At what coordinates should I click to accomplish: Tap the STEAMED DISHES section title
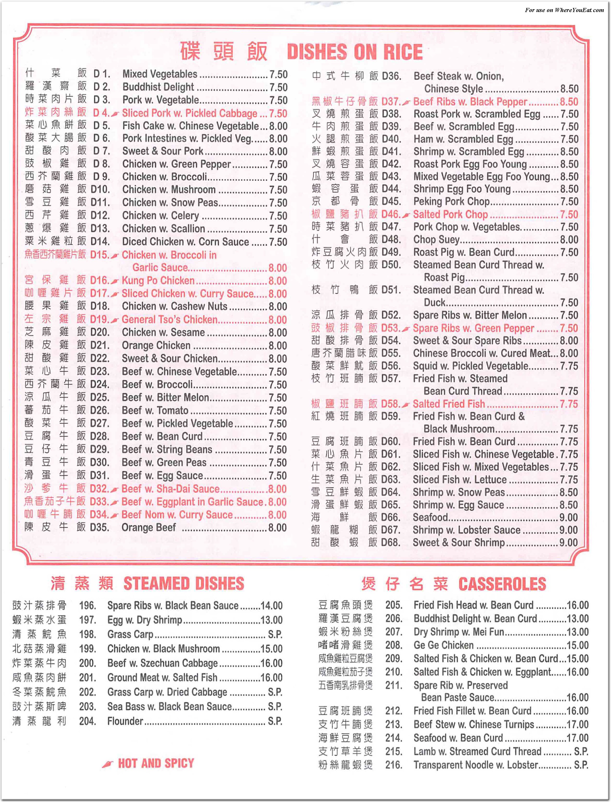pos(184,584)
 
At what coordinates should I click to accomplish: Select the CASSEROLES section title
pos(502,584)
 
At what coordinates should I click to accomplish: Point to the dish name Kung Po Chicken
pos(158,280)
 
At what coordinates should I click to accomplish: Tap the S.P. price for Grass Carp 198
pos(275,634)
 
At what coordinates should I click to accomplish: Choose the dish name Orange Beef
pos(149,527)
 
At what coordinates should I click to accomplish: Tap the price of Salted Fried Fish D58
pos(569,404)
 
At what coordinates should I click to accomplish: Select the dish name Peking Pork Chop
pos(451,201)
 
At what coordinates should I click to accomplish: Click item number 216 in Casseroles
pos(394,765)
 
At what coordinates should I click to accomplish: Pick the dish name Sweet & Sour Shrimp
pos(459,542)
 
